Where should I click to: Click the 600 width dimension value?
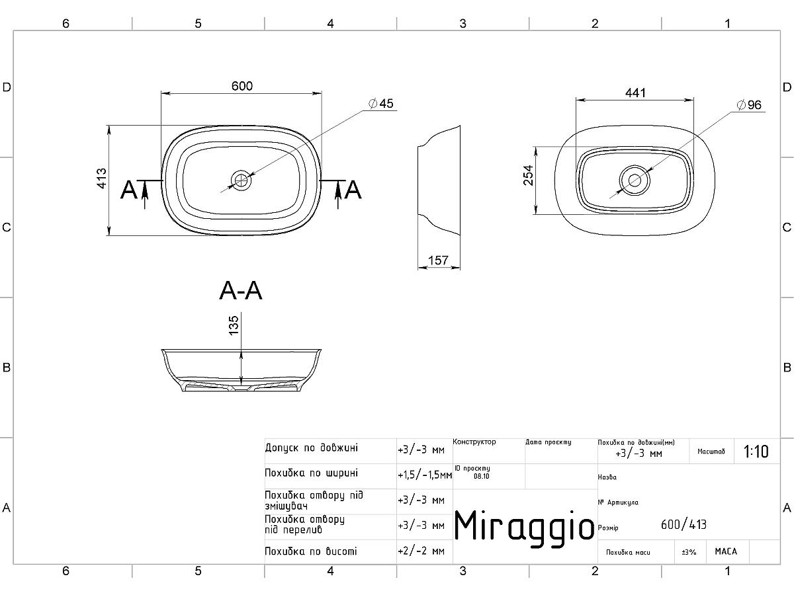(x=242, y=86)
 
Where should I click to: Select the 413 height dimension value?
(x=102, y=178)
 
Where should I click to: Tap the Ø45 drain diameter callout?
(x=381, y=103)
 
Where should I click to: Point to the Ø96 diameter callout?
(x=749, y=104)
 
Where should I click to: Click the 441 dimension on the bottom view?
(x=636, y=93)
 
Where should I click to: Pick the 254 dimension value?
(x=529, y=175)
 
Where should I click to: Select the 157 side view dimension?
(x=438, y=260)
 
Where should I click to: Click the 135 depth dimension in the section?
(x=234, y=325)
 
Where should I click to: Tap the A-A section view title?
(x=241, y=290)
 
